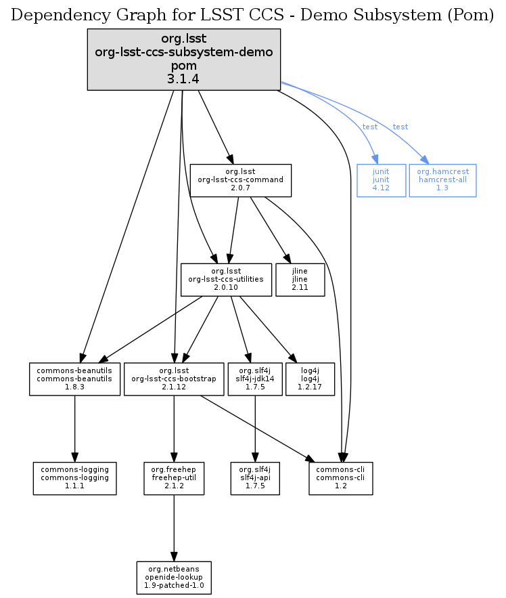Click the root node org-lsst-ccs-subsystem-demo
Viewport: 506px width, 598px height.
183,59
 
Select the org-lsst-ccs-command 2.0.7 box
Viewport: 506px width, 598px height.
240,180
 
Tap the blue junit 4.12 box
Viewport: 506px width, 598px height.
381,180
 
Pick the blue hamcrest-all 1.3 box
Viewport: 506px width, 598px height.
442,180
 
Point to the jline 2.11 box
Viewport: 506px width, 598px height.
300,280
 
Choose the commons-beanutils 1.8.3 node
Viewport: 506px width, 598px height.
74,379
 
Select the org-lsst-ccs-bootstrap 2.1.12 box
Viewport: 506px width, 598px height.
174,379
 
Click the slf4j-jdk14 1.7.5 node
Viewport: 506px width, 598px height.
254,379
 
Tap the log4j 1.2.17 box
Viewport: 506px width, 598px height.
310,379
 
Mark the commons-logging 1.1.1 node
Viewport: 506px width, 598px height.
74,478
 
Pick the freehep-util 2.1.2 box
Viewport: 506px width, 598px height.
174,478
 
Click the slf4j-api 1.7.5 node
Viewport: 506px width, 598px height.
254,478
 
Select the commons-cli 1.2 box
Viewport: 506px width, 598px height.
341,478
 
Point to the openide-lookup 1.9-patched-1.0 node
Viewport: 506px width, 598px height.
174,577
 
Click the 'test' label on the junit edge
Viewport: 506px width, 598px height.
370,127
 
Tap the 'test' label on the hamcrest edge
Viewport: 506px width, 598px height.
400,127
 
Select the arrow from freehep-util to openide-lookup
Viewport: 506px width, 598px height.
174,528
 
